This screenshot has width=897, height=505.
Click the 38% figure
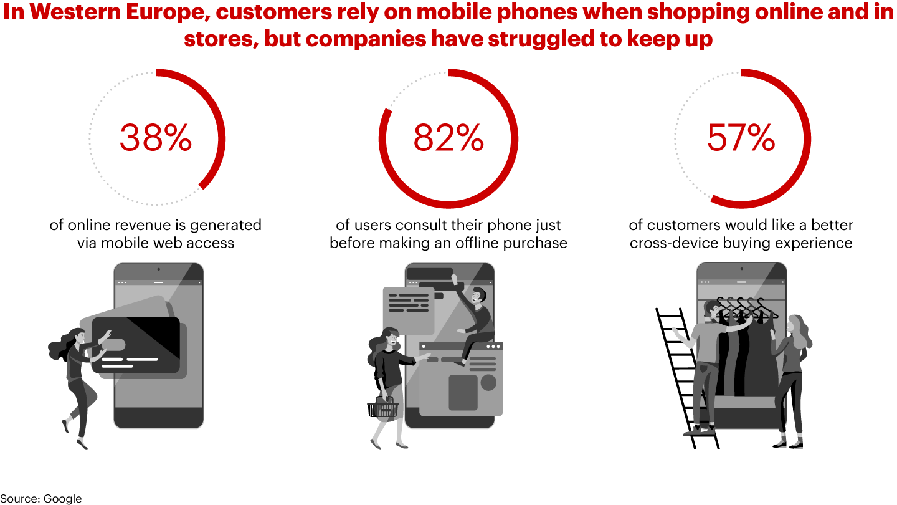click(156, 138)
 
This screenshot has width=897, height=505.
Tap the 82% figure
click(448, 138)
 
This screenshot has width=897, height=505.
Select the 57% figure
click(741, 138)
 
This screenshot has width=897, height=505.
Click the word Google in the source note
click(62, 498)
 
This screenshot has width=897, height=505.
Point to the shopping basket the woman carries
click(383, 409)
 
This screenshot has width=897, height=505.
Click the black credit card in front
click(136, 345)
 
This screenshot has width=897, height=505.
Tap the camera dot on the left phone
click(158, 269)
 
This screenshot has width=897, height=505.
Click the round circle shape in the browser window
click(488, 382)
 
